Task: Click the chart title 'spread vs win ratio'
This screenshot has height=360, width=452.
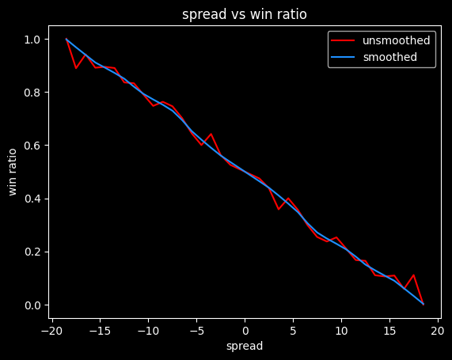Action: click(x=245, y=14)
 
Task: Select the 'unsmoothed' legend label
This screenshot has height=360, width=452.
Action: click(x=396, y=40)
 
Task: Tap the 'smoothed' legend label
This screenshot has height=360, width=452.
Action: click(x=389, y=57)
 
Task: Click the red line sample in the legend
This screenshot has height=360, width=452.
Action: click(x=344, y=40)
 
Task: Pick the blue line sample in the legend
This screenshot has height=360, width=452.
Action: click(x=344, y=57)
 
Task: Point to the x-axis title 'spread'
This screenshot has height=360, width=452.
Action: click(x=245, y=346)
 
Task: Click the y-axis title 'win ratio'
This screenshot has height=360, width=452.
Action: click(x=13, y=172)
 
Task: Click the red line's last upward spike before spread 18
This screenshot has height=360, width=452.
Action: click(x=413, y=275)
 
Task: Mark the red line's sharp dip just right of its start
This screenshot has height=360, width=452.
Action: click(x=76, y=68)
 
